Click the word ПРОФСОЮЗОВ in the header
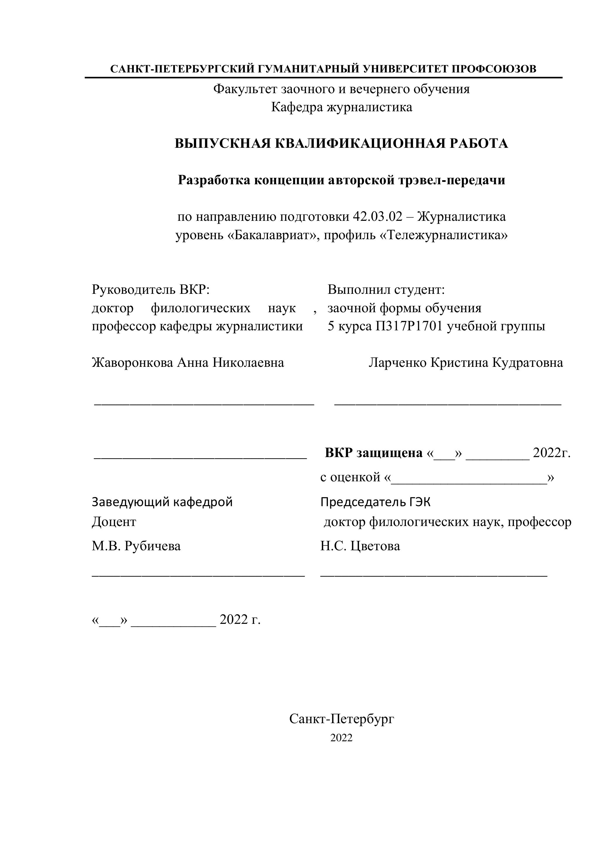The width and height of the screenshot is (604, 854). pos(494,69)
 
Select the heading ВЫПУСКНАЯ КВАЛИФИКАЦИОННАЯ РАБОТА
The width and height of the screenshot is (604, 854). pos(341,144)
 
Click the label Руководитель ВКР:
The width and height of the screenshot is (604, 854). pos(151,289)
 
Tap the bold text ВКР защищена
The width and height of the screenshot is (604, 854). pos(374,453)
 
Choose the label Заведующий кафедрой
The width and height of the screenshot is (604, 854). pos(162,502)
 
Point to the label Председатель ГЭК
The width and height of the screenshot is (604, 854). pos(375,502)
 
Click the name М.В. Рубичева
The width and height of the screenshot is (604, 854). pos(136,546)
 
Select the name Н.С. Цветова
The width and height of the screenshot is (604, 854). pos(360,546)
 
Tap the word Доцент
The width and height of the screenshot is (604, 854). pos(114,522)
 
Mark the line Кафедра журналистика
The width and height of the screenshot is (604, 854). pos(341,107)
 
